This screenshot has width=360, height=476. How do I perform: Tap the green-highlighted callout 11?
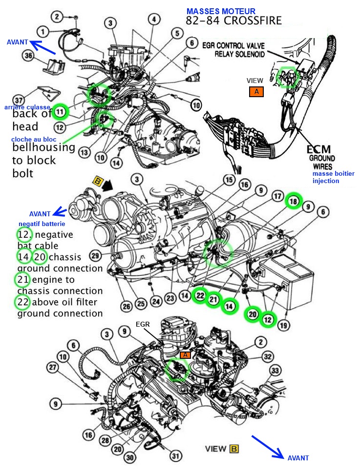[x=60, y=112]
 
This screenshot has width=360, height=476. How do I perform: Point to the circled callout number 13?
[x=84, y=153]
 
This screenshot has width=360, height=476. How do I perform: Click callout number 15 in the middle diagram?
[x=229, y=180]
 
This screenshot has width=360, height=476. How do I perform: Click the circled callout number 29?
[x=96, y=255]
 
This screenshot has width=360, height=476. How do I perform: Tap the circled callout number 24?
[x=156, y=301]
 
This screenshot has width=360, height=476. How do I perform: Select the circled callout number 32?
[x=267, y=356]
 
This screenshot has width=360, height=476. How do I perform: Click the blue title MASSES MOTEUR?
[x=220, y=11]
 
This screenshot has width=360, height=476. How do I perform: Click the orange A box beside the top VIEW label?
[x=256, y=91]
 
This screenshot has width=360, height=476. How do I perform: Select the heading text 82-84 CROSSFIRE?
[x=233, y=21]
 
